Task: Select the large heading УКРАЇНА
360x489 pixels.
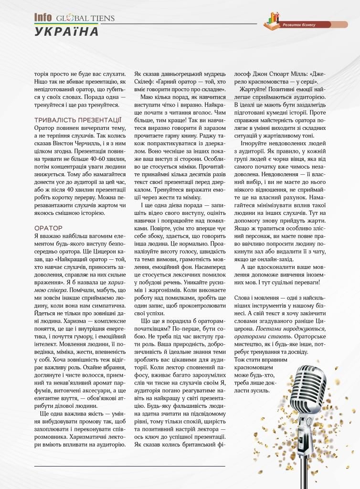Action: coord(66,32)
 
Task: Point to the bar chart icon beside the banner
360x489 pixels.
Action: coord(274,20)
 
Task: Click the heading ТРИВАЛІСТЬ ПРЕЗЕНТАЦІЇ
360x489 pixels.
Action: coord(78,120)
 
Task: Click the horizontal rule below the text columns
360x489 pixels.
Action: coord(129,466)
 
